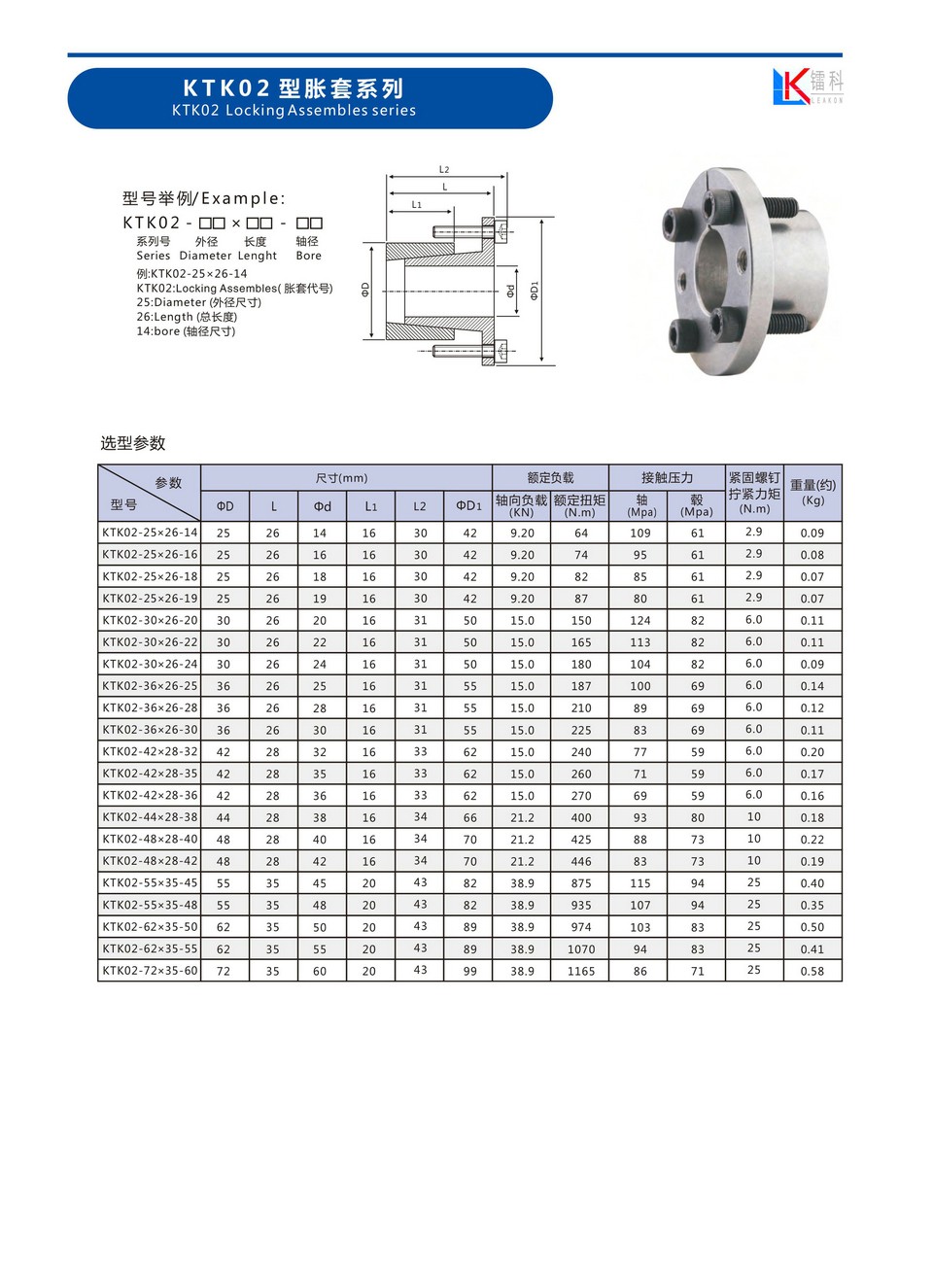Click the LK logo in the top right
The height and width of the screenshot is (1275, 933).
tap(807, 86)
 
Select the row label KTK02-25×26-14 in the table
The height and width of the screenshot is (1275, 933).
tap(150, 533)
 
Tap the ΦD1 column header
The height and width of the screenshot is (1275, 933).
tap(468, 506)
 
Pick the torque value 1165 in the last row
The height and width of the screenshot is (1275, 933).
tap(580, 971)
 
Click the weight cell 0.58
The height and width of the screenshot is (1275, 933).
tap(812, 971)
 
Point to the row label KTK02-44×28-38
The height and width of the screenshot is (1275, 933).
tap(150, 817)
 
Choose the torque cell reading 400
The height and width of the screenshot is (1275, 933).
tap(580, 818)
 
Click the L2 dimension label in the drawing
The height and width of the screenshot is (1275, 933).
tap(444, 170)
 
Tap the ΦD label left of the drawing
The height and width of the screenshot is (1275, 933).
tap(365, 290)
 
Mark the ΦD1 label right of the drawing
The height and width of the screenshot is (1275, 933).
tap(535, 291)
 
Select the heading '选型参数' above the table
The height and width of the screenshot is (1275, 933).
tap(133, 443)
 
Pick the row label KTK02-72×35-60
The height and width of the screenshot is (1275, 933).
tap(150, 971)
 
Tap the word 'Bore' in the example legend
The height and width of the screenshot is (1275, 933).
tap(308, 256)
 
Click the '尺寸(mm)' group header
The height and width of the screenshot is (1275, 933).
tap(342, 478)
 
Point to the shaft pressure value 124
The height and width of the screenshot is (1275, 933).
tap(639, 620)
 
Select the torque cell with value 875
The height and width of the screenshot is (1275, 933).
tap(580, 883)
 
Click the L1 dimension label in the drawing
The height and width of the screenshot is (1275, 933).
tap(417, 205)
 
